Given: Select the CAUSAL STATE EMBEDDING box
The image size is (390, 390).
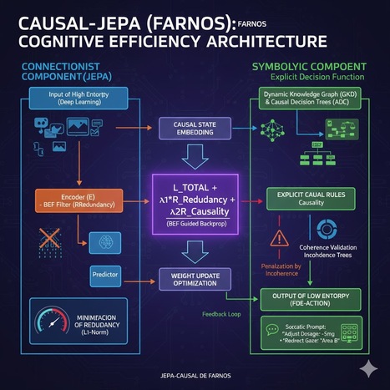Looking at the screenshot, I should pos(193,128).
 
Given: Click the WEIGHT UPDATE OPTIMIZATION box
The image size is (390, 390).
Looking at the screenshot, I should pos(193,280).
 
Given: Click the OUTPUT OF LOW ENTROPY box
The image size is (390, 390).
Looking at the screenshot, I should pos(314,298).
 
